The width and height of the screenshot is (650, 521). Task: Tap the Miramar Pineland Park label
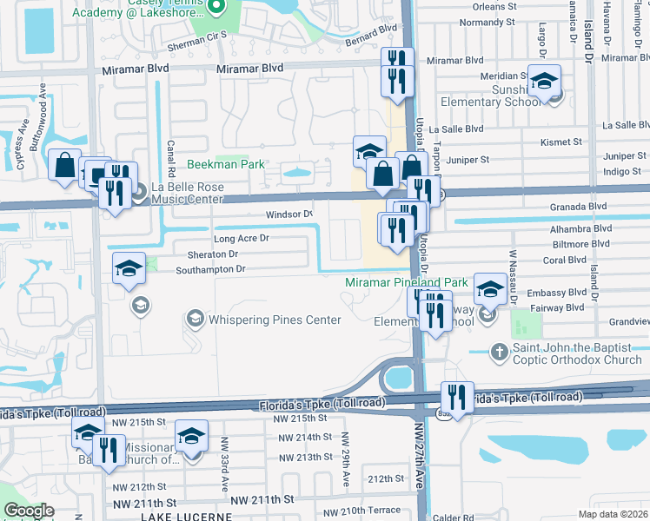pos(407,282)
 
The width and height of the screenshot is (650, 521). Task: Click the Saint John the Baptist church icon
pos(499,353)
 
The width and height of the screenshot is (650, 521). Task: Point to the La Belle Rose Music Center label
pos(188,193)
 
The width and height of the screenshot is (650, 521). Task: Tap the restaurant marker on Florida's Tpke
pos(457,397)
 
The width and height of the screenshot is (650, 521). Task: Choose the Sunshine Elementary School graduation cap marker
pos(545,82)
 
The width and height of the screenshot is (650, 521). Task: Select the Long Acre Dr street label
pos(241,238)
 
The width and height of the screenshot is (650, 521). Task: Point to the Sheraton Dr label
pos(212,254)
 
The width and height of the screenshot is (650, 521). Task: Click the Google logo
pos(29,511)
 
